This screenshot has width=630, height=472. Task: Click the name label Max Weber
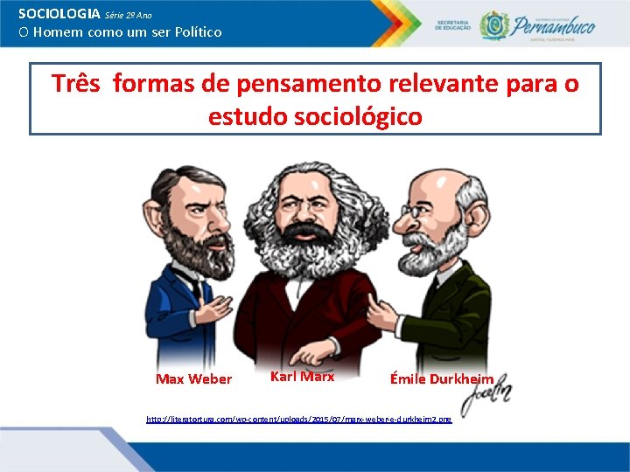coord(193,379)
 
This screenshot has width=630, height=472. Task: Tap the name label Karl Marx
coord(302,377)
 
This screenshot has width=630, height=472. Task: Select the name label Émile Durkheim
coord(442,379)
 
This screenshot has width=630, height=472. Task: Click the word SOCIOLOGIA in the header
coord(59,15)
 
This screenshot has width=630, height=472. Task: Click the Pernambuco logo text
coord(553,25)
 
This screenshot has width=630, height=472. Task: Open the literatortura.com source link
coord(298,420)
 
